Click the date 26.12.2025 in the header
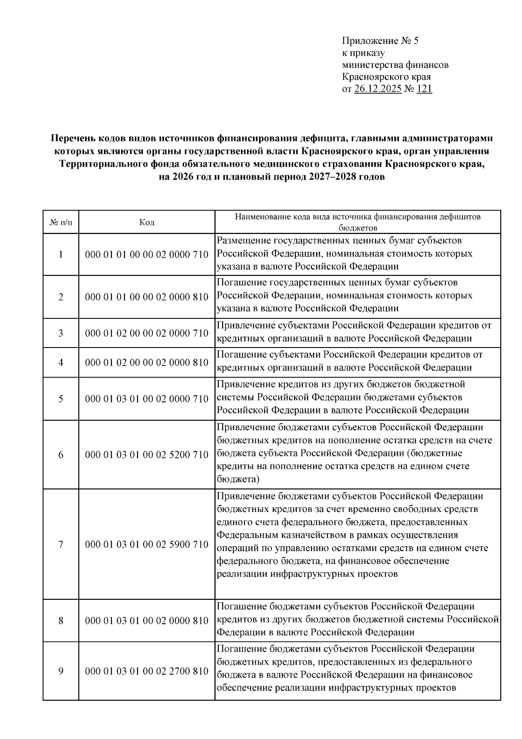[378, 89]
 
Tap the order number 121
[424, 89]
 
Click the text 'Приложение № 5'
[380, 41]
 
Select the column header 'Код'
[147, 222]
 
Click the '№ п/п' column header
[61, 222]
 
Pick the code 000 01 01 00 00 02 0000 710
[147, 254]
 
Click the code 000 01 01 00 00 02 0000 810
[147, 297]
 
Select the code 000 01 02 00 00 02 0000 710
[147, 333]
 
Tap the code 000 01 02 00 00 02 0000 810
[147, 362]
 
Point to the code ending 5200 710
[147, 455]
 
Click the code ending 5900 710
[147, 545]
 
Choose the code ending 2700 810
[147, 671]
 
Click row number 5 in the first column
[61, 399]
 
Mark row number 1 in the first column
[61, 254]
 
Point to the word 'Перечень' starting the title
[70, 138]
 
